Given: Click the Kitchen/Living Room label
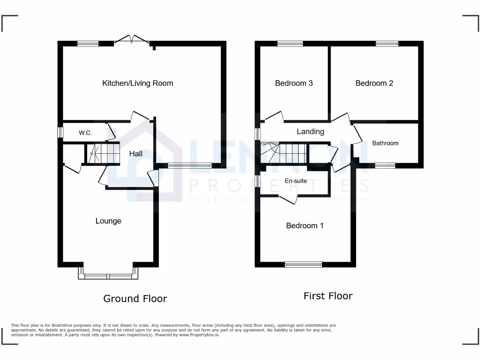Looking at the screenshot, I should [137, 83].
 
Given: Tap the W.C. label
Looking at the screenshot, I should [85, 133].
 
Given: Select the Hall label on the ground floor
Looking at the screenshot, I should [136, 154].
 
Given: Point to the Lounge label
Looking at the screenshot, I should [108, 221].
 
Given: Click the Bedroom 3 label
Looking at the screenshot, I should [294, 83].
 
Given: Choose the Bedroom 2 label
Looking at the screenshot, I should [374, 83].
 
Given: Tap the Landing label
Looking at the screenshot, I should [310, 132].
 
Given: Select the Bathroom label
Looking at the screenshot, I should [385, 143].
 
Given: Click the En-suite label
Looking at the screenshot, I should [296, 181].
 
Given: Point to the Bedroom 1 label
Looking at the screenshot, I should [305, 226].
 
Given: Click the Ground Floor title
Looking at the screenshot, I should [135, 299].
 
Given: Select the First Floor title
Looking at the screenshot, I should [328, 296].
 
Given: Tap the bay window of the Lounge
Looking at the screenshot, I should [108, 276].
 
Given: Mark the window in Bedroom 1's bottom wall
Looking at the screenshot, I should [303, 265].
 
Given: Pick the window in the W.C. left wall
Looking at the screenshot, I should [60, 133].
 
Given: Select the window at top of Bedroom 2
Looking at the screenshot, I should [387, 44].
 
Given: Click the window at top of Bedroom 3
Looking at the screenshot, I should [290, 44].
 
